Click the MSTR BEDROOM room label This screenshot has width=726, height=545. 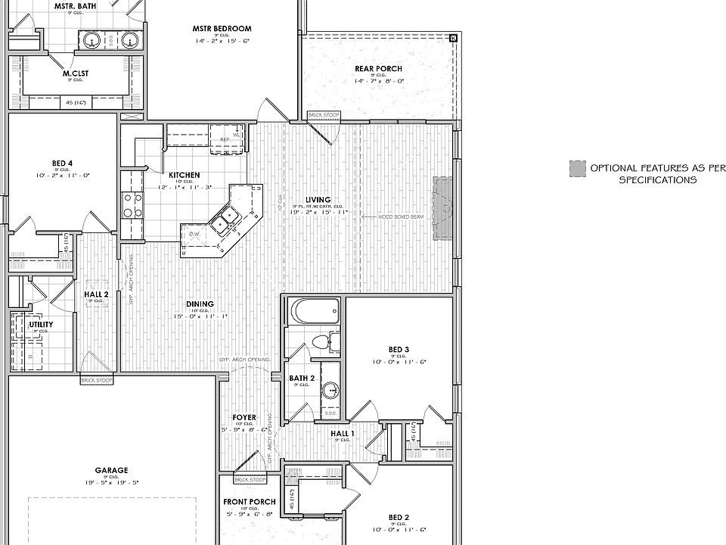pyautogui.click(x=222, y=29)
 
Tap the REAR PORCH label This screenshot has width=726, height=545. pyautogui.click(x=378, y=69)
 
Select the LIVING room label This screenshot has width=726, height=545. pyautogui.click(x=318, y=200)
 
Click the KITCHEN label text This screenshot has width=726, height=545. pyautogui.click(x=184, y=175)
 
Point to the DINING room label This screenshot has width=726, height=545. pyautogui.click(x=200, y=304)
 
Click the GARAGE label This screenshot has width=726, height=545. pyautogui.click(x=111, y=470)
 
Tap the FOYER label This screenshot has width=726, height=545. pyautogui.click(x=244, y=418)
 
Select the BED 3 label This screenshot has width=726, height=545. pyautogui.click(x=399, y=350)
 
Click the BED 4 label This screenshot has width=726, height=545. pyautogui.click(x=62, y=163)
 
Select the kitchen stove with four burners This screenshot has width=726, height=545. pyautogui.click(x=132, y=205)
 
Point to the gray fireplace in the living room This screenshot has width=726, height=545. pyautogui.click(x=442, y=208)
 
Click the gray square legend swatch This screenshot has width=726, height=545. pyautogui.click(x=578, y=168)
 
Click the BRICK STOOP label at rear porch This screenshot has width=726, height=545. pyautogui.click(x=324, y=115)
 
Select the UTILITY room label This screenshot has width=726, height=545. pyautogui.click(x=42, y=324)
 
